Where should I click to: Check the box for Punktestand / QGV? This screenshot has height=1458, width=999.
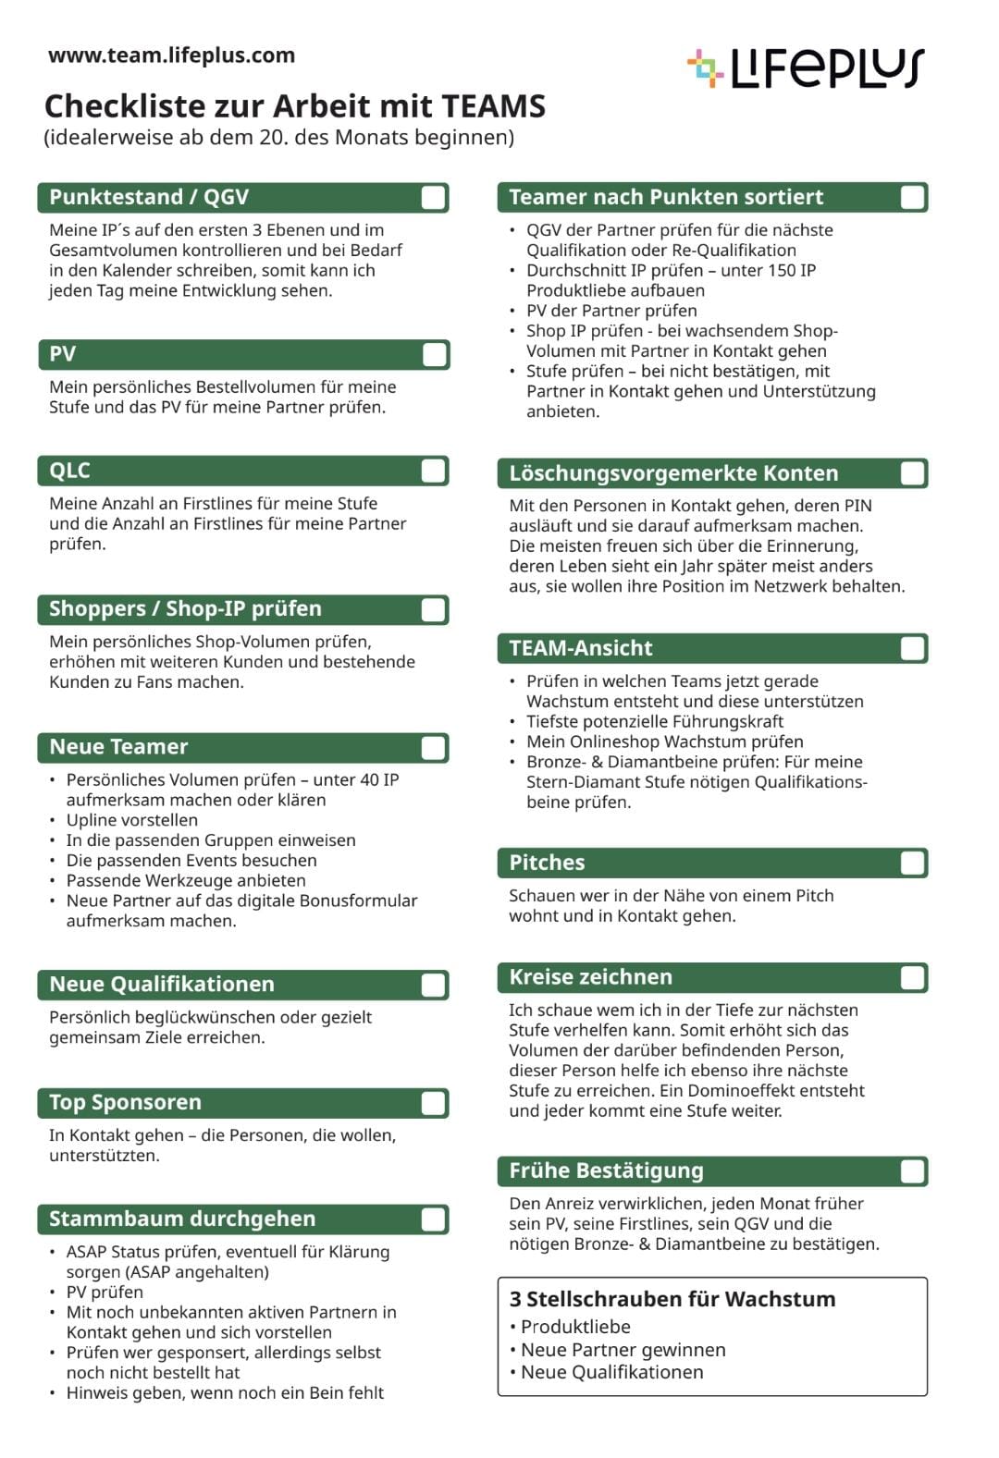pos(433,198)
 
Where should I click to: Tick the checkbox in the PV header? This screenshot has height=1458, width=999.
pos(434,355)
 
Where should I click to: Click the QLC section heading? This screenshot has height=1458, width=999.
pos(70,471)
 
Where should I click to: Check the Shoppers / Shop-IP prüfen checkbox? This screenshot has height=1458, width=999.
pos(433,610)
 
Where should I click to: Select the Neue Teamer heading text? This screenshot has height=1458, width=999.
pos(118,747)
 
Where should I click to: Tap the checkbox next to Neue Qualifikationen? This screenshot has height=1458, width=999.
pos(433,985)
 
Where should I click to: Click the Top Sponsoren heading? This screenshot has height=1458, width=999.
pos(125,1102)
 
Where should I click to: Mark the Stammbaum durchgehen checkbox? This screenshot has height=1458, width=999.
pos(433,1219)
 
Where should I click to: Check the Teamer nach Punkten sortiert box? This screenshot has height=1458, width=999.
pos(912,198)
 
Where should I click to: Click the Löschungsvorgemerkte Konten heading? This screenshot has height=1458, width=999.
pos(673,473)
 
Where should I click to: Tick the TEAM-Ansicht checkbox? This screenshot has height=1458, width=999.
pos(912,648)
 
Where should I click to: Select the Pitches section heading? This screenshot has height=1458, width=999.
pos(547,863)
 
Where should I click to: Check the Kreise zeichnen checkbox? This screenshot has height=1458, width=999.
pos(912,978)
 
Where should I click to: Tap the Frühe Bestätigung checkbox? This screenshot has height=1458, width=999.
pos(912,1171)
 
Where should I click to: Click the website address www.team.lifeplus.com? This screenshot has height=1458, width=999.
pos(171,55)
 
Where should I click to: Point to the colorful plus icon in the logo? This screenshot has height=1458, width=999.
pos(705,68)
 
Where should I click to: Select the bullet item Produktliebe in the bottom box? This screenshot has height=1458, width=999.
pos(575,1327)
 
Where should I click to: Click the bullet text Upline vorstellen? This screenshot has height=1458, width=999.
pos(131,820)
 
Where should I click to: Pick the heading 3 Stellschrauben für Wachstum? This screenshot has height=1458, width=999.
pos(672,1299)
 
